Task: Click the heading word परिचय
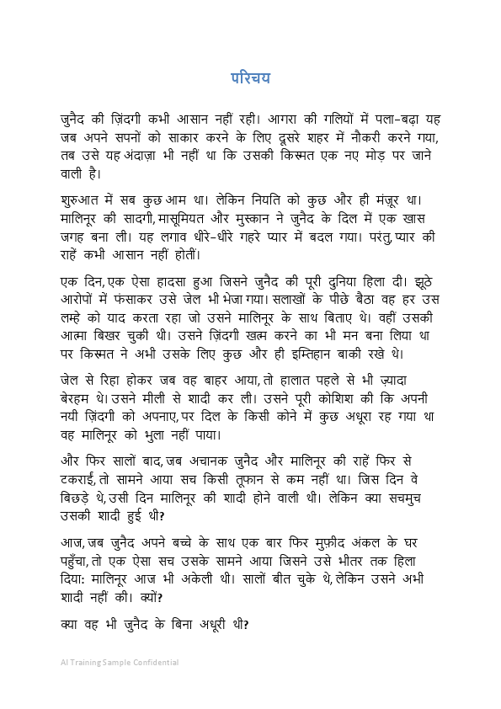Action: coord(250,78)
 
